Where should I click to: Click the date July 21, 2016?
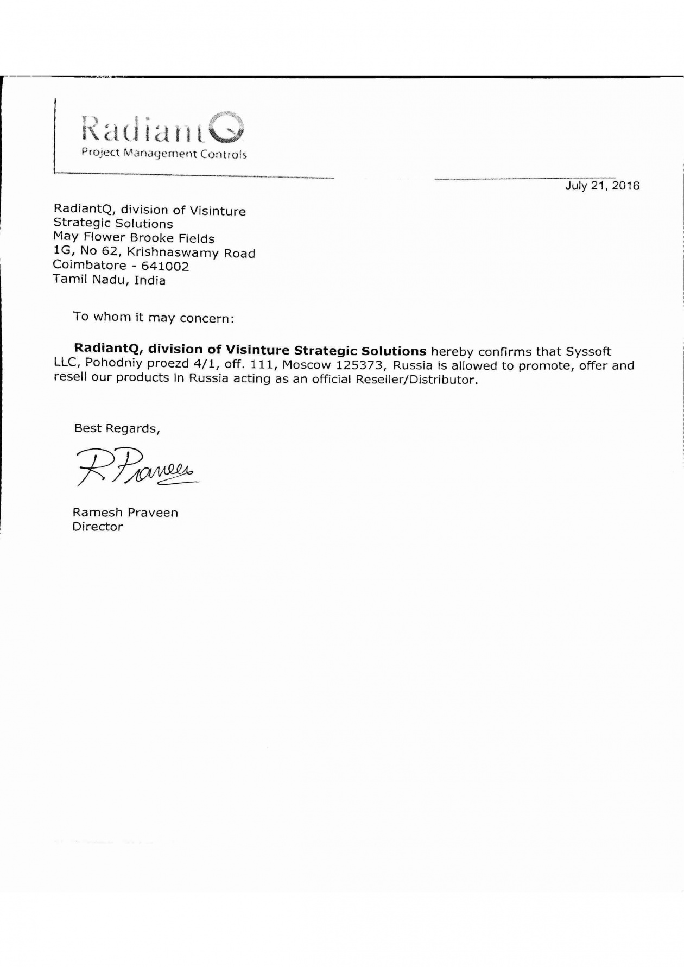602,186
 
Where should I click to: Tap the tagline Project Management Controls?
164,154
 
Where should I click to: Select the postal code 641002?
165,267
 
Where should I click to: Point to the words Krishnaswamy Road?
191,253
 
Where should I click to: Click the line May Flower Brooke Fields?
134,238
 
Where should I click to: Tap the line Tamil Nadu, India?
109,280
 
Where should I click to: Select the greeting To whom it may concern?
154,317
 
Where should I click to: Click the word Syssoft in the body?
588,351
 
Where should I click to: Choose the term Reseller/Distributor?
416,380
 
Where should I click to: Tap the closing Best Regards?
117,428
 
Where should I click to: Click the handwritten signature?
136,467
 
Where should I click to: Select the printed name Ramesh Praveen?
125,513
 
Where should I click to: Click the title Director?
98,527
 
